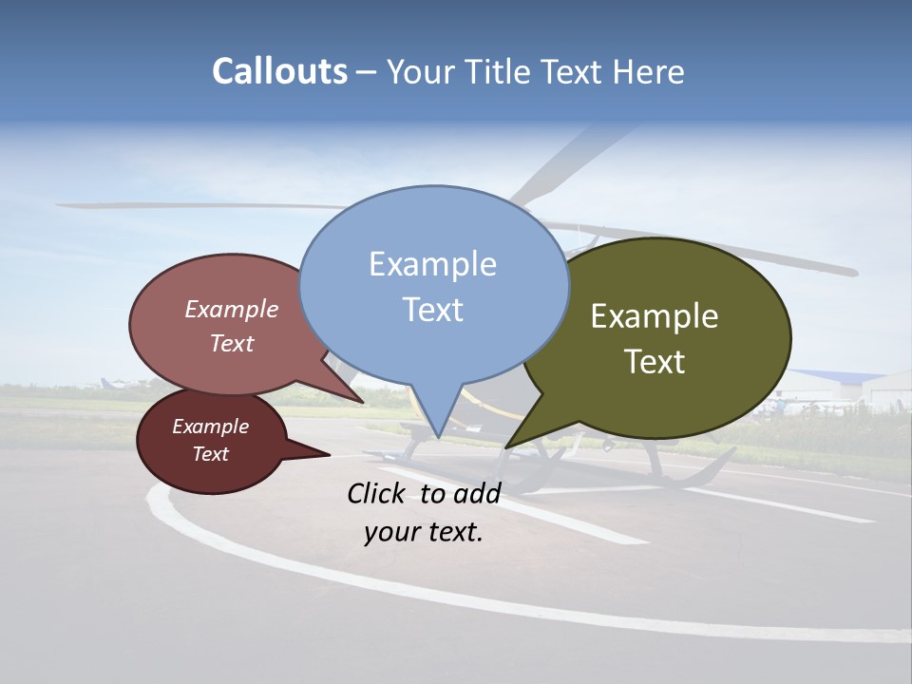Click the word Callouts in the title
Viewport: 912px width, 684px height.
pos(279,71)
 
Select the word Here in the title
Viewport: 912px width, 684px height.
pos(650,71)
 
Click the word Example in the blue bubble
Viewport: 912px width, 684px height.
pos(432,264)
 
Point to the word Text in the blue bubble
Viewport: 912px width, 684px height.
pos(432,310)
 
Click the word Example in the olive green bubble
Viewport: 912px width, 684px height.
pos(655,316)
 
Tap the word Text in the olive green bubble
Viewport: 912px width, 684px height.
pos(655,362)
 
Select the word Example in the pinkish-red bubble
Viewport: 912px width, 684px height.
pos(232,310)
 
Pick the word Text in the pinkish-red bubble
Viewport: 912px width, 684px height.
pos(232,343)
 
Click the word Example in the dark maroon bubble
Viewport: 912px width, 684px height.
pos(211,427)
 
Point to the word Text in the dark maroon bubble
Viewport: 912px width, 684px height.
pos(211,454)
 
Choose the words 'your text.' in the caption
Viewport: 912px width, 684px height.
pos(424,532)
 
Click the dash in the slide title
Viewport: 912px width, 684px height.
pos(367,72)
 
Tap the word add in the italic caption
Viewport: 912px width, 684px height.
pos(478,493)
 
